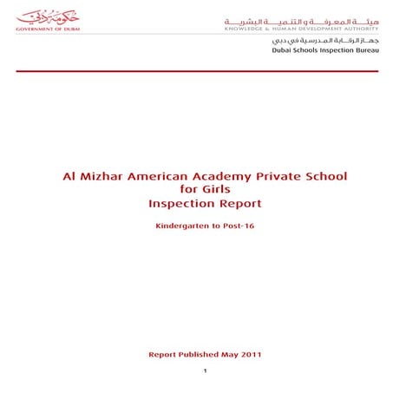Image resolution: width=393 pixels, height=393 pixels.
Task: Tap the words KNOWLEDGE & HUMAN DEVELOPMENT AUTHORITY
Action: click(301, 28)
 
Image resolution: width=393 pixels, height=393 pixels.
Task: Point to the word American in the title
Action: click(163, 176)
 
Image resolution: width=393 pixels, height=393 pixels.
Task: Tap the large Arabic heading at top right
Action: click(301, 17)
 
